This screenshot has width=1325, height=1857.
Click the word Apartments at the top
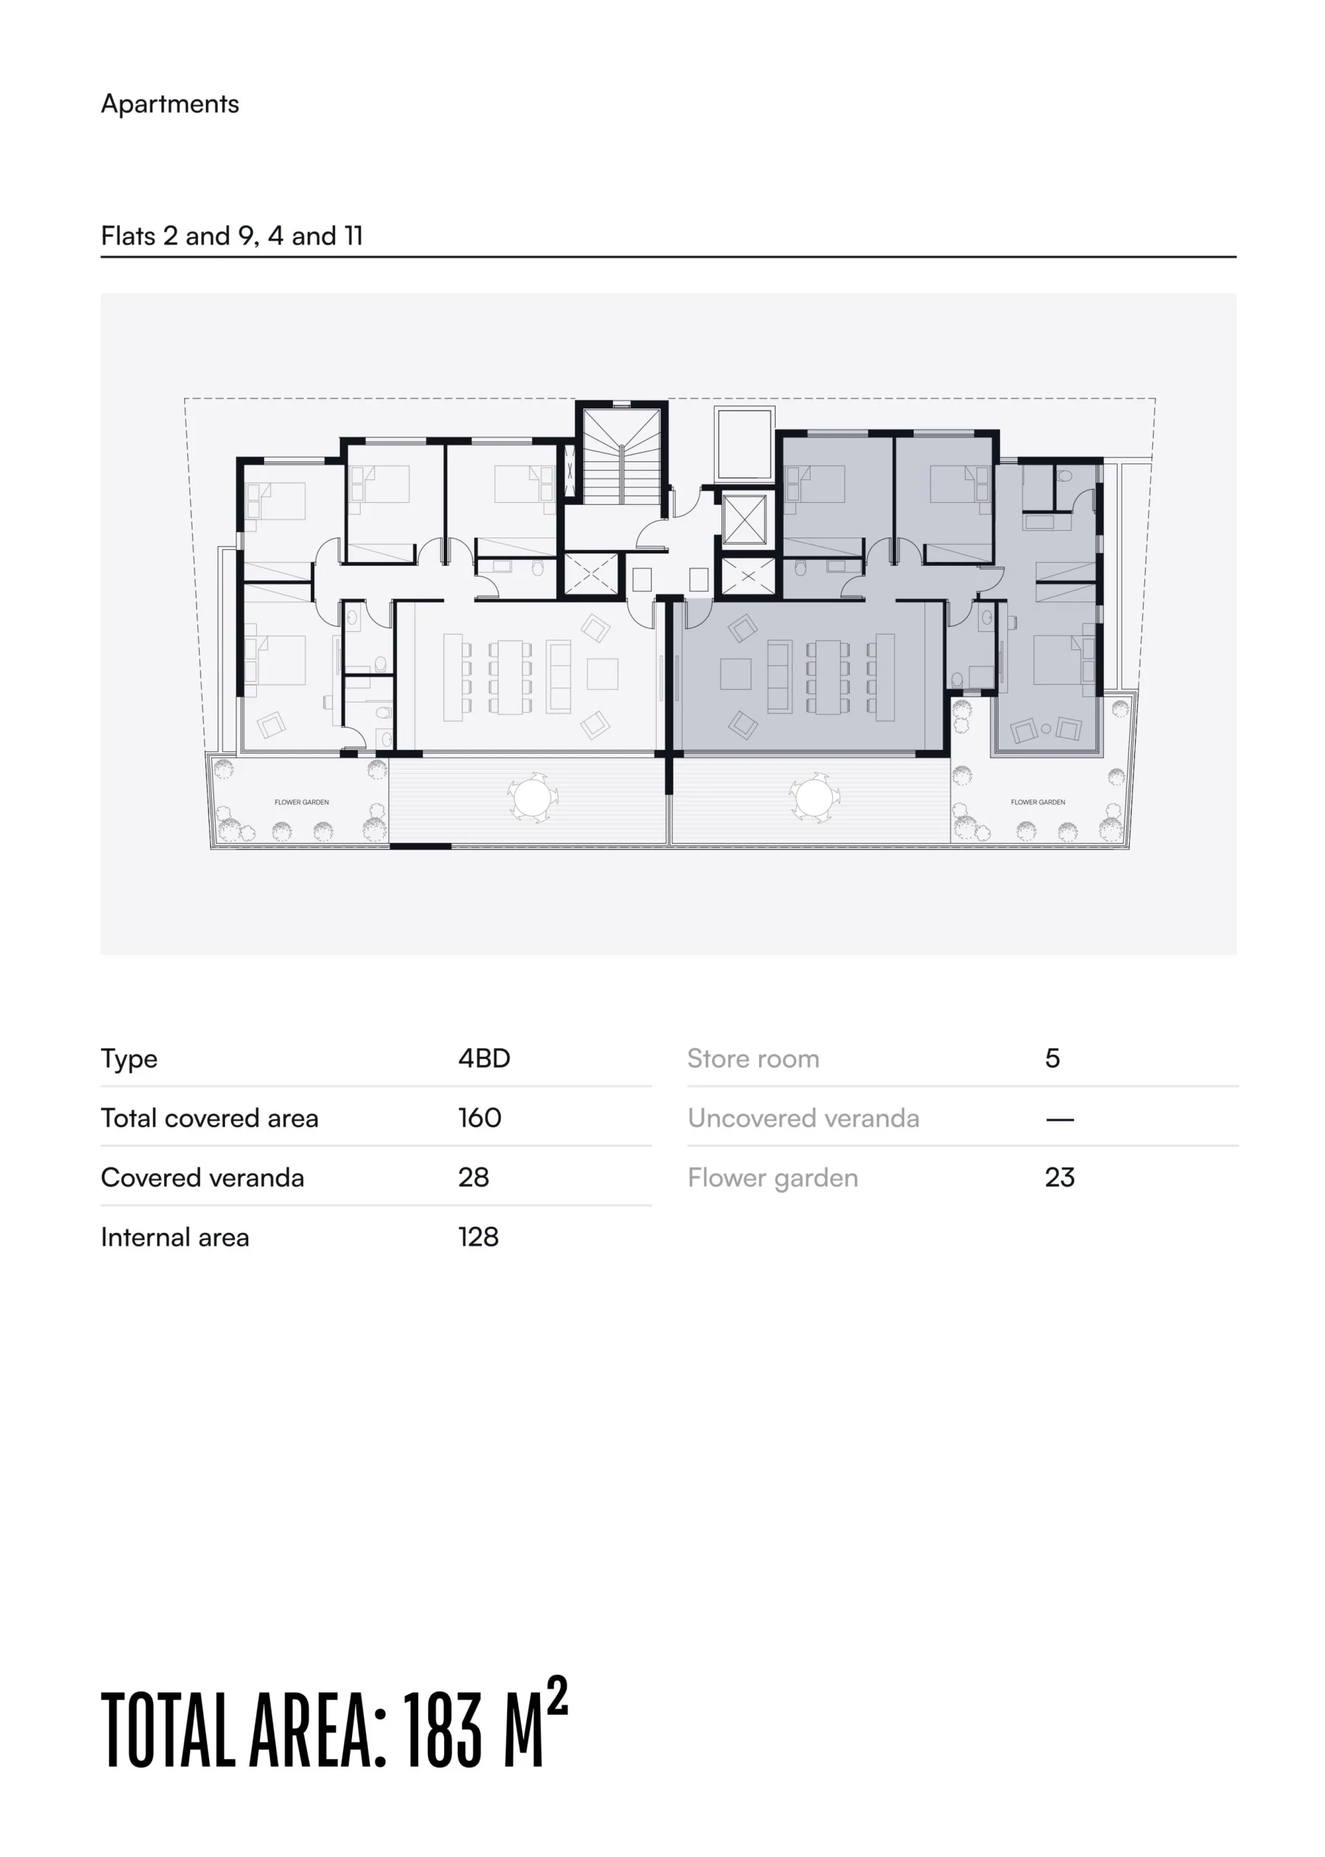tap(170, 104)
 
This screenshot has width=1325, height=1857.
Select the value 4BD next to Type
tap(484, 1058)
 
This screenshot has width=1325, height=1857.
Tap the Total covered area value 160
tap(480, 1117)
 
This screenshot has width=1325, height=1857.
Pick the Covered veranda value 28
tap(473, 1177)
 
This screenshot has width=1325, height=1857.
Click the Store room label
tap(753, 1058)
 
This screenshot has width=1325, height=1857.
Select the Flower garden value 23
tap(1060, 1177)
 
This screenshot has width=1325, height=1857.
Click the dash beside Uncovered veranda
tap(1060, 1119)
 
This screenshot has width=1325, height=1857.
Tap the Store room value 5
tap(1052, 1058)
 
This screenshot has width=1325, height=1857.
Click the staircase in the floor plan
tap(622, 458)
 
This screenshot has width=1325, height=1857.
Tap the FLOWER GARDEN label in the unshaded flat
tap(302, 802)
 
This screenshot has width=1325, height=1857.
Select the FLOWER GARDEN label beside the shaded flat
tap(1038, 802)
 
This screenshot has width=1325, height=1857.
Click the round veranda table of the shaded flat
tap(813, 796)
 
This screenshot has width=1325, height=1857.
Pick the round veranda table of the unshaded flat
tap(531, 796)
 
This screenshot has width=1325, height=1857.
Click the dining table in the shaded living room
tap(828, 677)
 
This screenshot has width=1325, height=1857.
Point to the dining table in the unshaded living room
tap(510, 677)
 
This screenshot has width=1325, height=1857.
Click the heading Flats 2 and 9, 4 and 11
tap(231, 236)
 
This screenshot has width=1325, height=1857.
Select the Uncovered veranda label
tap(804, 1118)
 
